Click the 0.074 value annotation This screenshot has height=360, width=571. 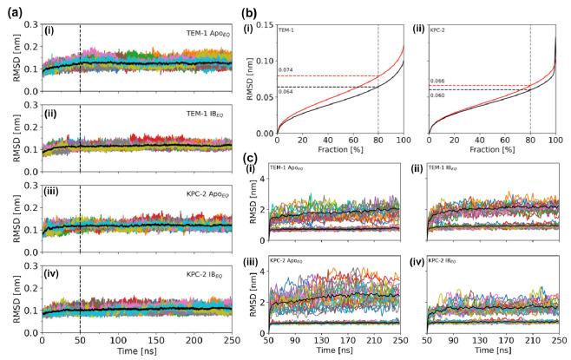[285, 69]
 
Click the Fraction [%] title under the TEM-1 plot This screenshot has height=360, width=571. [340, 150]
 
